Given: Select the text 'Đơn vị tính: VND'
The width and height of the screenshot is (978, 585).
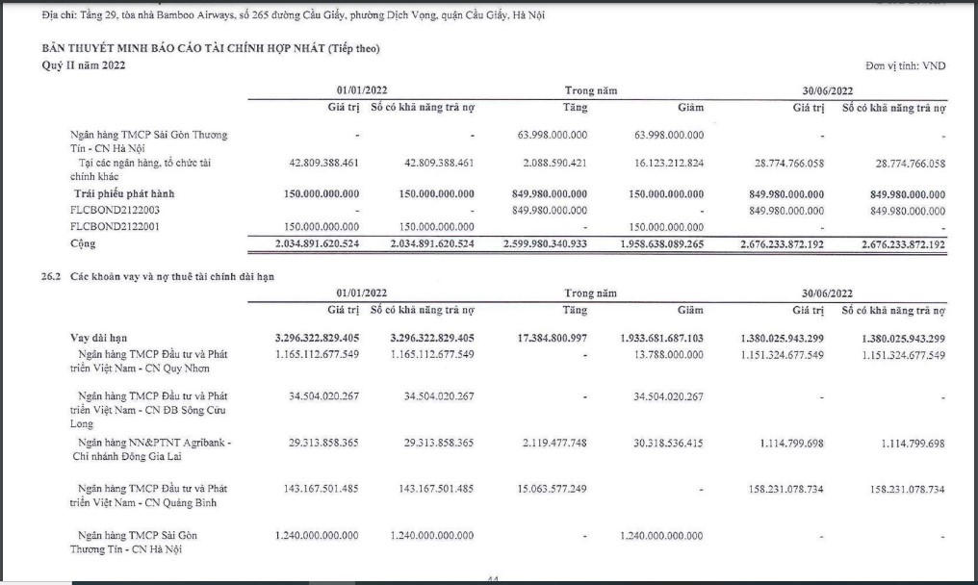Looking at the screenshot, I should (905, 65).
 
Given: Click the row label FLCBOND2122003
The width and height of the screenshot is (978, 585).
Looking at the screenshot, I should (116, 210).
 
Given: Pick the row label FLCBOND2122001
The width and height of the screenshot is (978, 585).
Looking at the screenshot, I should (116, 226).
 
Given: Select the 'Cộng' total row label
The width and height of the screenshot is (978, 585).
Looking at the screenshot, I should (84, 243).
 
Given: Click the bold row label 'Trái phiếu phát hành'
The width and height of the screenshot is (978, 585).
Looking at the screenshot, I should (123, 193).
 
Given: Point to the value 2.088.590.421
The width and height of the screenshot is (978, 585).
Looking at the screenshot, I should (552, 163).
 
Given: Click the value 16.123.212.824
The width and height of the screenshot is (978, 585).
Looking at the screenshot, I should (663, 163).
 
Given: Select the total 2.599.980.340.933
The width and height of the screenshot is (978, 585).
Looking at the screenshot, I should (545, 243).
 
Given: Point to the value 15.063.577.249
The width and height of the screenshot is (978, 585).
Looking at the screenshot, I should (552, 488).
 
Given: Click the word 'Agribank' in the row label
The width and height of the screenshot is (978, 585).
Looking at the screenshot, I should (209, 443).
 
